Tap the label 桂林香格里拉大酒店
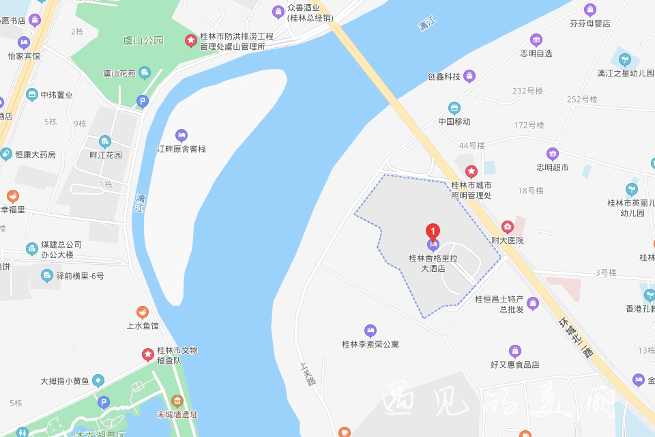click(x=432, y=263)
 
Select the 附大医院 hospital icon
click(x=507, y=227)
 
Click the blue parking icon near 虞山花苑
click(x=143, y=101)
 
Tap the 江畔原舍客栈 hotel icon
click(x=181, y=135)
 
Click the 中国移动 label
click(x=454, y=122)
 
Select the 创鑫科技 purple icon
click(x=469, y=76)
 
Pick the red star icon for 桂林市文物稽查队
click(x=147, y=354)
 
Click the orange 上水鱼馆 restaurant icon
click(x=143, y=313)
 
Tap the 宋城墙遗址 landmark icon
click(x=177, y=401)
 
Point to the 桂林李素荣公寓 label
click(x=370, y=344)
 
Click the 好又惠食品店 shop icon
click(x=515, y=351)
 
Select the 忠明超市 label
click(x=552, y=167)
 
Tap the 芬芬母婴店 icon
click(x=590, y=10)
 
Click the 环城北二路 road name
click(x=575, y=337)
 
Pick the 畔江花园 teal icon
click(x=105, y=141)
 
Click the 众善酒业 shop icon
click(x=278, y=12)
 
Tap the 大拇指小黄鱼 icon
click(x=99, y=380)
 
